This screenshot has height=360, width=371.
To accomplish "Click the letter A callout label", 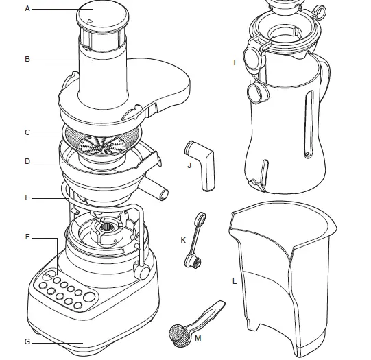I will click(27, 9).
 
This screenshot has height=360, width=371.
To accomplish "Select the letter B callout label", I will click(27, 60).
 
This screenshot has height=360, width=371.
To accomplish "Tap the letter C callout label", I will click(27, 132).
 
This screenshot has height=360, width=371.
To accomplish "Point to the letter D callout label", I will click(27, 163).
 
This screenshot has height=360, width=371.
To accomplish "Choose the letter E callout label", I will click(27, 198).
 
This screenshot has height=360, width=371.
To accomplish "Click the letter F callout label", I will click(27, 237).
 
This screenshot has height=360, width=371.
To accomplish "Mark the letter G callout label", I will click(27, 341).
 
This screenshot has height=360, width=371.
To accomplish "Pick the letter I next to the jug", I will click(235, 62).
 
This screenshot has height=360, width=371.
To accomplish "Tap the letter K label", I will click(182, 240).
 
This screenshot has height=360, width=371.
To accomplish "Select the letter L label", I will click(235, 282).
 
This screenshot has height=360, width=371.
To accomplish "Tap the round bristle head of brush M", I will click(178, 334).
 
